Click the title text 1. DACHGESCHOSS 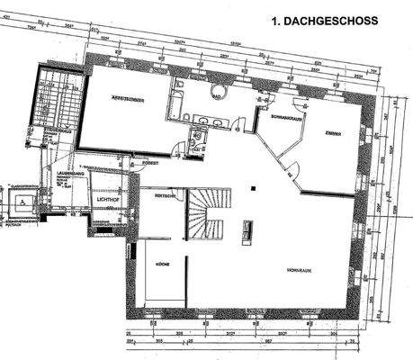325,21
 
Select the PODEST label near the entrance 151,163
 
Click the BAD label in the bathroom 219,93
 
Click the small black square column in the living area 254,188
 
